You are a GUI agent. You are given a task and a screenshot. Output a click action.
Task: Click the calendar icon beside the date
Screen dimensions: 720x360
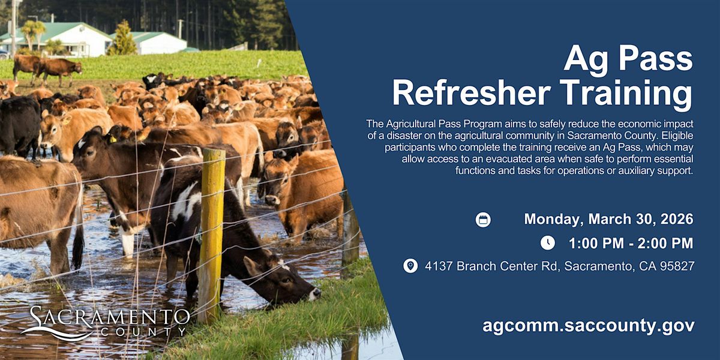coord(483,220)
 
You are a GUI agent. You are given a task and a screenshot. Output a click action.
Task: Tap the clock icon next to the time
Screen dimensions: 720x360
coord(548,242)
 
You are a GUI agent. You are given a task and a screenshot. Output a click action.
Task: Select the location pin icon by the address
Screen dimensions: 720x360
coord(410,266)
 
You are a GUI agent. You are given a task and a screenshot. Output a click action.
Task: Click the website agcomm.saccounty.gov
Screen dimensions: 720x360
coord(589,326)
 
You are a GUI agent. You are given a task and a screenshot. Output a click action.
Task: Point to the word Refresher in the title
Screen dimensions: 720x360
coord(472,93)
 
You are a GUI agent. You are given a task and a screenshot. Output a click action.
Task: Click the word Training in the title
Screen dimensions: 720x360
coord(626,95)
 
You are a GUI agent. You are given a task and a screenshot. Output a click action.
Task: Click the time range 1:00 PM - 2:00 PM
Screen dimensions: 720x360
coord(631,244)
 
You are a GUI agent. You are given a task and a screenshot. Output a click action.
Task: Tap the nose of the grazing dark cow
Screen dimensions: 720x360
coord(316,293)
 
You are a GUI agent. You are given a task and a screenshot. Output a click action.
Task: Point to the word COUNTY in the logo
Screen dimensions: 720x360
coord(143,332)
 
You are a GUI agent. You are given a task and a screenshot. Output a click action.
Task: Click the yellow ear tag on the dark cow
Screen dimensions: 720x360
coord(113,139)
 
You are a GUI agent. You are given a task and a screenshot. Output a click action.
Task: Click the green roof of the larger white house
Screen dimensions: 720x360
coord(52,31)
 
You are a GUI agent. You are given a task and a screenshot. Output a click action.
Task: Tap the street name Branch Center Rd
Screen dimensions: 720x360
coord(508,266)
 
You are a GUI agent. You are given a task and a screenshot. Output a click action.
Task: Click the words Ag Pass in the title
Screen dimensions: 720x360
coord(628,60)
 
